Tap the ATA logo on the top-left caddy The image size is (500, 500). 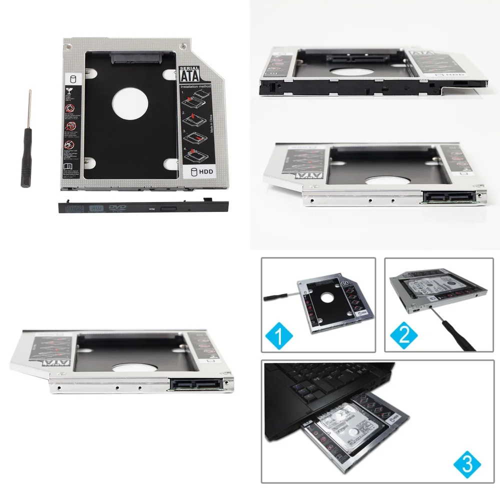188,76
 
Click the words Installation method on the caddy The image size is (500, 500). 196,86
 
